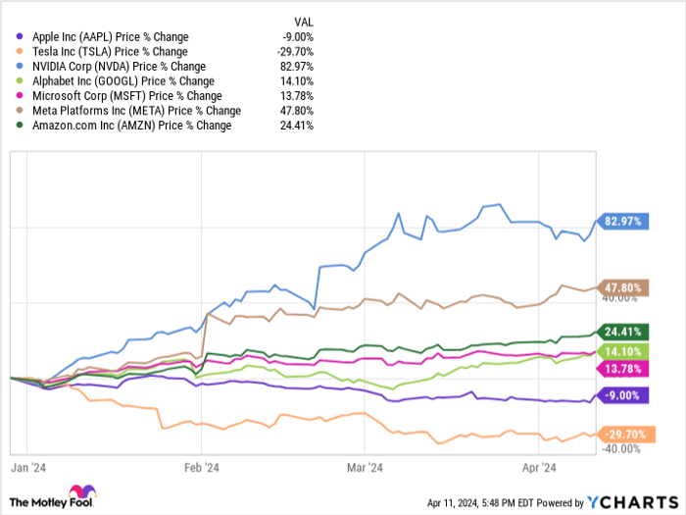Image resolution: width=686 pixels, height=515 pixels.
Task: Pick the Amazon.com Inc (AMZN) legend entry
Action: pyautogui.click(x=120, y=126)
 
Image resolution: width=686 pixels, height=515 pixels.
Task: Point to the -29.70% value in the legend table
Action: pyautogui.click(x=295, y=52)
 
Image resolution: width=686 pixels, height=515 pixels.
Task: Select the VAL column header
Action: pyautogui.click(x=304, y=21)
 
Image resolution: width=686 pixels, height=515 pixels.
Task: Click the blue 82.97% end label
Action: pyautogui.click(x=623, y=222)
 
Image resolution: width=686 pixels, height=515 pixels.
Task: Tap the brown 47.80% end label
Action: pyautogui.click(x=623, y=287)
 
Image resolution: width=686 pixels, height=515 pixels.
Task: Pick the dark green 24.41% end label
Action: pyautogui.click(x=623, y=332)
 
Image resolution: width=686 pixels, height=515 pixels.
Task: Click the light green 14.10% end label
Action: pyautogui.click(x=623, y=351)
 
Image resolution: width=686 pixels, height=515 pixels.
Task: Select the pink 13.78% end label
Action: pyautogui.click(x=623, y=367)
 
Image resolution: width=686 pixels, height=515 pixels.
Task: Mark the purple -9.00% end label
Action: pyautogui.click(x=623, y=395)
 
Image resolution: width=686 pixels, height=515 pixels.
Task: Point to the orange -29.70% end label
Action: pyautogui.click(x=623, y=434)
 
